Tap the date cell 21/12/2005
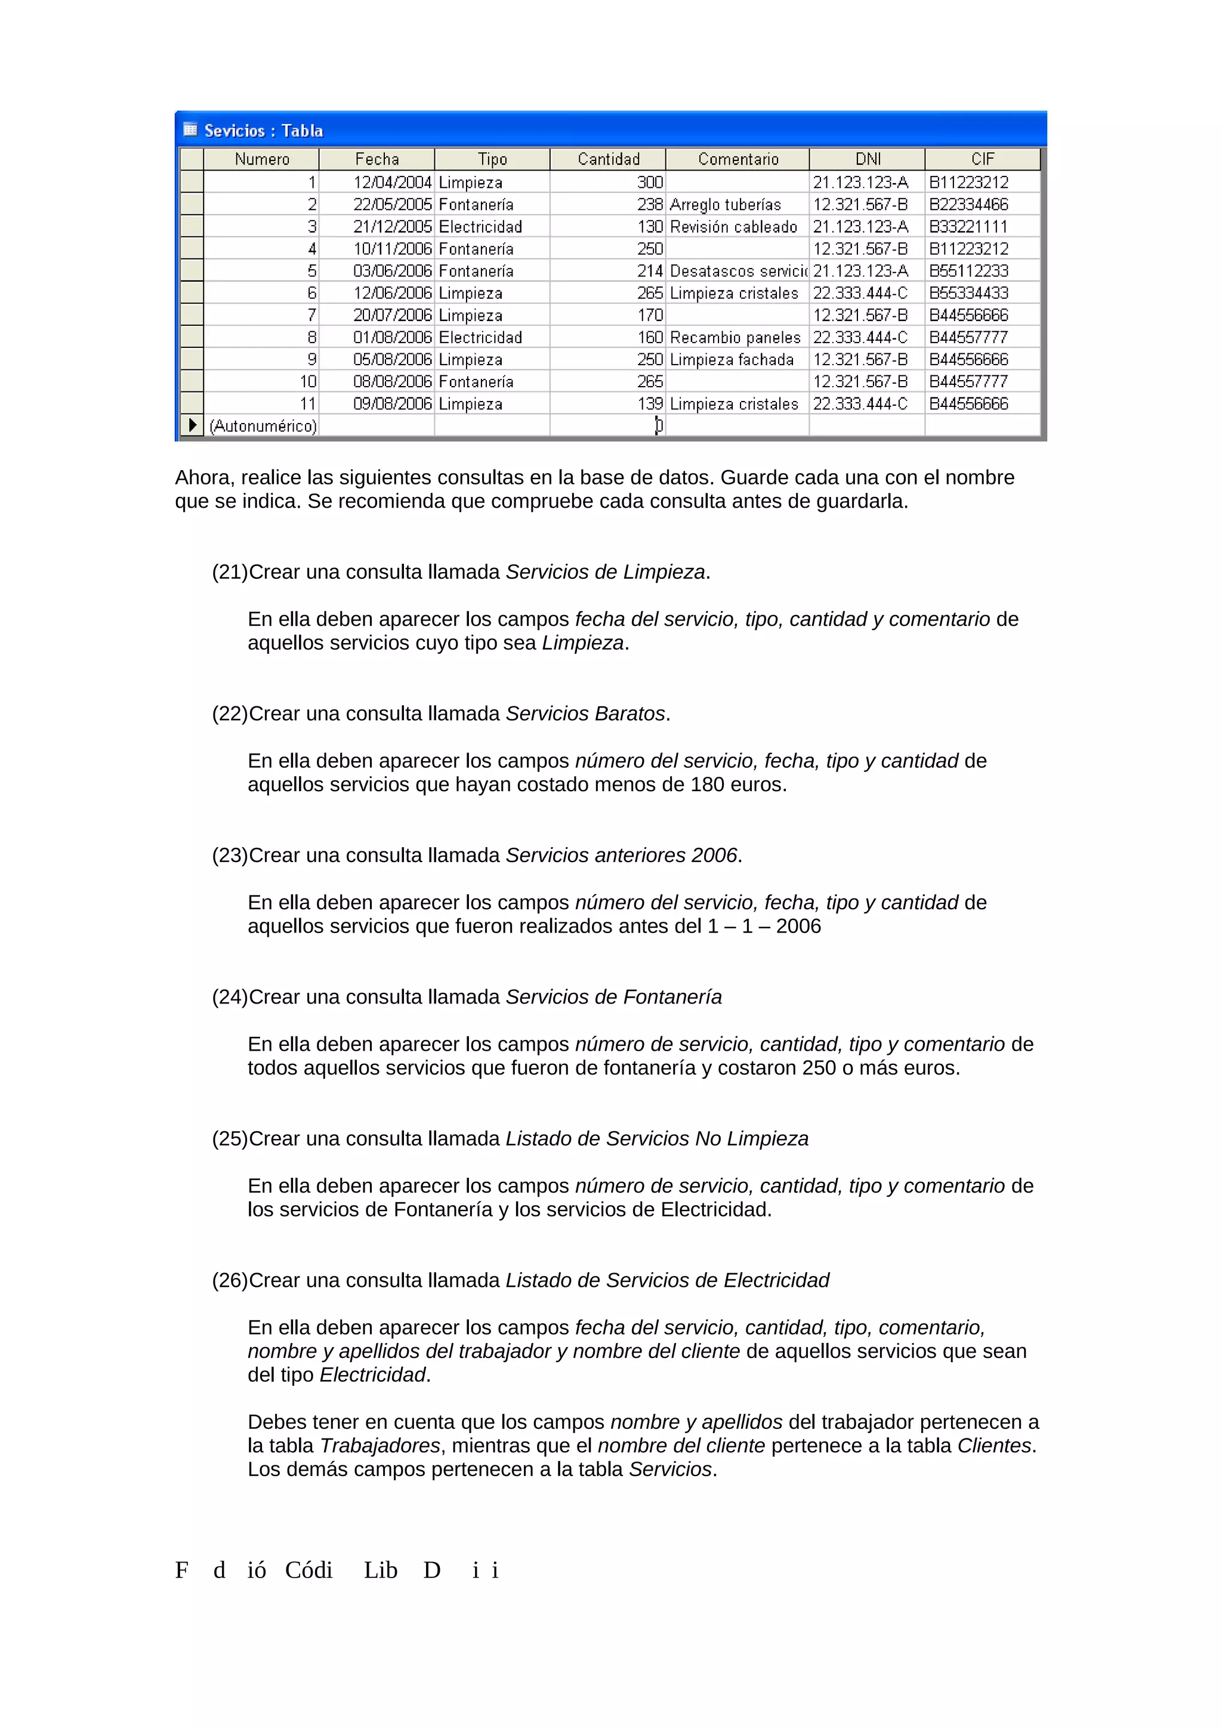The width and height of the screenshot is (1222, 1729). pos(392,227)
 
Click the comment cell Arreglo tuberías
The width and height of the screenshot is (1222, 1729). pos(725,205)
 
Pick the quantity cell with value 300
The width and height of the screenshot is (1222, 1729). pos(650,182)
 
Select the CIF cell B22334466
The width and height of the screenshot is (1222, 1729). pos(968,205)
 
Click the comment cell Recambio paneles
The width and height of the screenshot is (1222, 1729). pos(735,337)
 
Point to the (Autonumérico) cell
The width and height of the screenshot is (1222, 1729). pos(263,426)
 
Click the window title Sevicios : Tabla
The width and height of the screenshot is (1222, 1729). pos(264,131)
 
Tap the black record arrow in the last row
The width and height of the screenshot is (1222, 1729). pos(193,425)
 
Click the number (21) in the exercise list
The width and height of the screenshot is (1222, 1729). pos(230,572)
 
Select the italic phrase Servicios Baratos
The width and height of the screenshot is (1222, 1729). pos(585,714)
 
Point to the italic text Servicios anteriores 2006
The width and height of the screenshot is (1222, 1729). pos(621,856)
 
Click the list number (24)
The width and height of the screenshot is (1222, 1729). pos(230,997)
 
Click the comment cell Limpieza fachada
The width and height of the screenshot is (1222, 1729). pos(731,360)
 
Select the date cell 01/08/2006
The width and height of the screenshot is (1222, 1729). pos(392,337)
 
